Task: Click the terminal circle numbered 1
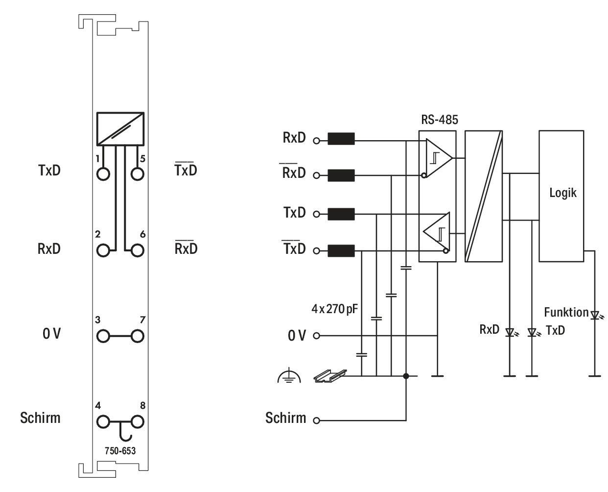(x=103, y=173)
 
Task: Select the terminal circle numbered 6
(x=137, y=250)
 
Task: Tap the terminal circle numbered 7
(x=137, y=336)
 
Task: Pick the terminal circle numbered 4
(x=103, y=421)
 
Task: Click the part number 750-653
(x=120, y=450)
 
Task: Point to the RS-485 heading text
(x=439, y=120)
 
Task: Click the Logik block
(x=561, y=196)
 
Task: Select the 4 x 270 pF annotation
(x=334, y=309)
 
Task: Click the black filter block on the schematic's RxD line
(x=341, y=139)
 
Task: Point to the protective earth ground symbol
(x=289, y=376)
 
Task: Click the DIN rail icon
(x=330, y=376)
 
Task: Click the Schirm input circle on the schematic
(x=316, y=420)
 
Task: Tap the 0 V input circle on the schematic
(x=316, y=335)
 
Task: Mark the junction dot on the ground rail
(x=406, y=376)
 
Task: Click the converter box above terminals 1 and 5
(x=120, y=129)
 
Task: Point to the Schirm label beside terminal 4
(x=40, y=418)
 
